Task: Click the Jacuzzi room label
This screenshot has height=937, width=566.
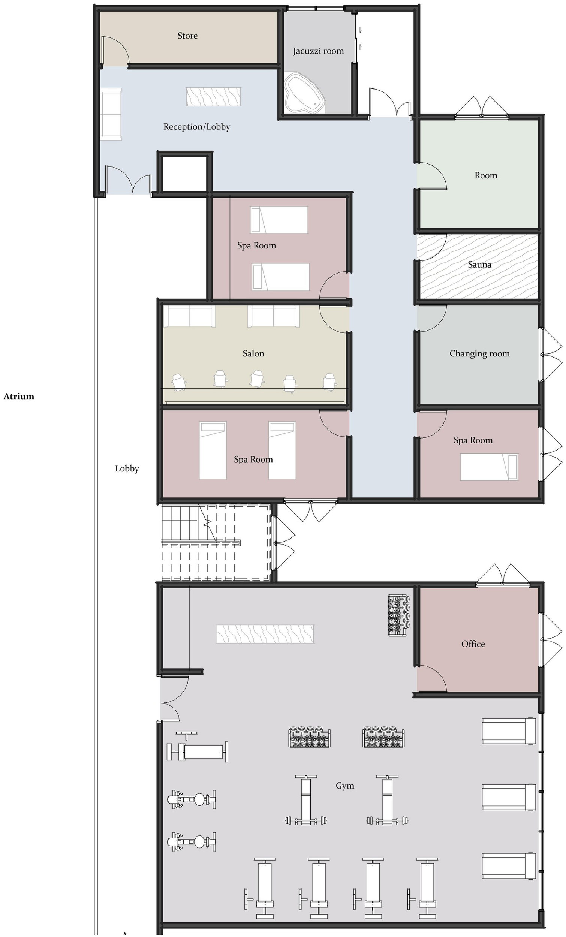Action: pyautogui.click(x=318, y=51)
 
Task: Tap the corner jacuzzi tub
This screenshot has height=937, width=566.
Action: pyautogui.click(x=304, y=93)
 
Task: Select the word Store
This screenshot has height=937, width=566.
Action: pyautogui.click(x=187, y=36)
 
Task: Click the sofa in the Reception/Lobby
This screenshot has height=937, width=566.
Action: pyautogui.click(x=111, y=114)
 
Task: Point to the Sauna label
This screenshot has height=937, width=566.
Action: pyautogui.click(x=479, y=264)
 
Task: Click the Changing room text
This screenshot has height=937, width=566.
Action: pyautogui.click(x=479, y=353)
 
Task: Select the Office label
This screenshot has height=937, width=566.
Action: pyautogui.click(x=473, y=644)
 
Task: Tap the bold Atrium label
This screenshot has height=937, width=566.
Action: pyautogui.click(x=19, y=396)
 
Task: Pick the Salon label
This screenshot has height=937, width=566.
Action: pyautogui.click(x=253, y=353)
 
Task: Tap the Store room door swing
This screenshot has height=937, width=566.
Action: pyautogui.click(x=116, y=50)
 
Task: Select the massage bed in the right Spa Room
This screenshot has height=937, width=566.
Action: pyautogui.click(x=488, y=467)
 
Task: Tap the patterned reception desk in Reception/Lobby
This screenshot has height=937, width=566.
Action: pyautogui.click(x=213, y=97)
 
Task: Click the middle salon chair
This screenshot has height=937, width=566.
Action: pyautogui.click(x=257, y=379)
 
